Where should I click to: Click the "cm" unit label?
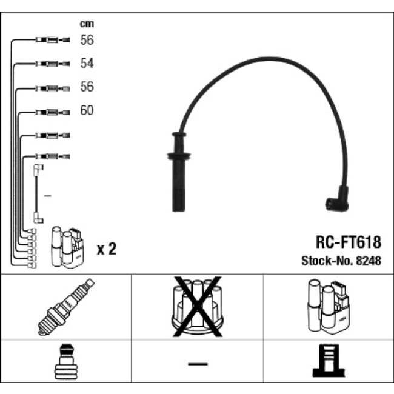pyautogui.click(x=87, y=24)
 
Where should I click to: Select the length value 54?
pyautogui.click(x=87, y=63)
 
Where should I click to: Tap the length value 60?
pyautogui.click(x=87, y=111)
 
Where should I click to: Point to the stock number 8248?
pyautogui.click(x=370, y=261)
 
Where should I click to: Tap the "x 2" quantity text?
pyautogui.click(x=106, y=249)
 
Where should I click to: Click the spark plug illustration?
pyautogui.click(x=66, y=307)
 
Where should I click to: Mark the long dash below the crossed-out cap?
pyautogui.click(x=197, y=364)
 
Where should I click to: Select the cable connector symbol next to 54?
pyautogui.click(x=53, y=63)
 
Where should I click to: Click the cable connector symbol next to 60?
pyautogui.click(x=53, y=112)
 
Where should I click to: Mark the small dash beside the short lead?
pyautogui.click(x=48, y=196)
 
